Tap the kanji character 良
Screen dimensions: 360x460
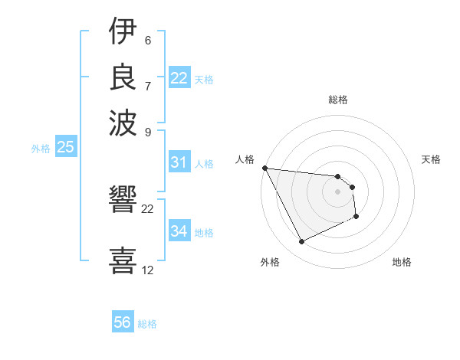click(123, 77)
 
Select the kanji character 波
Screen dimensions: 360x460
click(123, 121)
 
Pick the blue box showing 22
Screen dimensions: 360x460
click(179, 78)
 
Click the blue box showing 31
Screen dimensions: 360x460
click(179, 162)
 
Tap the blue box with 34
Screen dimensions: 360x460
click(179, 231)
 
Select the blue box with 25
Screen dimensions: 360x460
click(65, 147)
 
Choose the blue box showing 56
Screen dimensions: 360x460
click(123, 322)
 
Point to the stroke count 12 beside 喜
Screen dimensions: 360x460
click(148, 270)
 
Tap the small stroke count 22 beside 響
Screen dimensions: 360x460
click(148, 208)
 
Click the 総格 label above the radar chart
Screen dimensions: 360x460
click(338, 100)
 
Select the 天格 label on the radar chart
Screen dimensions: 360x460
click(431, 159)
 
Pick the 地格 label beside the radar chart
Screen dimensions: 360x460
click(402, 263)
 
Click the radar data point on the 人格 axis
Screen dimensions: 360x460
click(264, 168)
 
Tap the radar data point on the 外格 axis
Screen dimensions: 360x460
click(301, 242)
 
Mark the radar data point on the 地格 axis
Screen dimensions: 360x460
click(356, 217)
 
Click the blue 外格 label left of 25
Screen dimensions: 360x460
click(40, 149)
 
